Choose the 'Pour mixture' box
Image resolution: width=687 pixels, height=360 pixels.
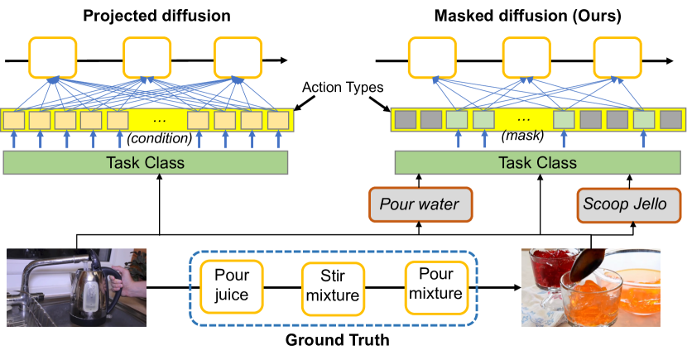point(429,286)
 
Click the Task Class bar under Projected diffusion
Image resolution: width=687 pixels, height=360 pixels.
point(146,162)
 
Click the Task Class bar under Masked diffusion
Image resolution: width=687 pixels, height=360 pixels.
point(538,162)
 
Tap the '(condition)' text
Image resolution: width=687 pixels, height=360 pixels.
point(159,137)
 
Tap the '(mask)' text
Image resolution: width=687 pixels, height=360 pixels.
point(521,137)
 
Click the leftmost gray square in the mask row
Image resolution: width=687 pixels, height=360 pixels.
point(405,119)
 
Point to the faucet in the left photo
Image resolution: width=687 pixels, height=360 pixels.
point(41,273)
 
